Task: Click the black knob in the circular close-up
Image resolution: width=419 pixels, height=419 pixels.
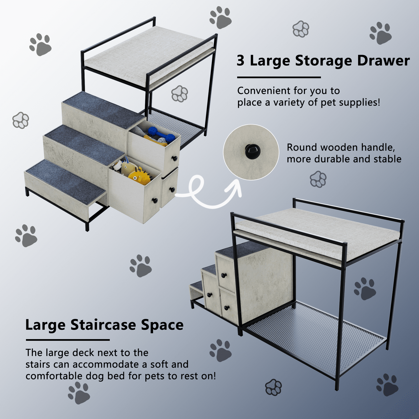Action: point(253,151)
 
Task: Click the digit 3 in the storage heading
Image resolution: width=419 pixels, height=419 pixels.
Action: point(241,60)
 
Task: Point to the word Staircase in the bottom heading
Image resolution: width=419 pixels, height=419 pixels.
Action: point(103,325)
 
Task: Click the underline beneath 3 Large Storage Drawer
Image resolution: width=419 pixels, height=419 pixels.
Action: point(279,77)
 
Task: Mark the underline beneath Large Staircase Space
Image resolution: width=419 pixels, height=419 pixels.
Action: point(68,340)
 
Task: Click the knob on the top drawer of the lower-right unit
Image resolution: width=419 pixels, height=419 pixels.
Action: point(223,276)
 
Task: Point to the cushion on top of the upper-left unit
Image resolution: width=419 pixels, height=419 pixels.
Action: point(149,53)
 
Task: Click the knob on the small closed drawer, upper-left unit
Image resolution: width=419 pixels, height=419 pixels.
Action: point(172,190)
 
